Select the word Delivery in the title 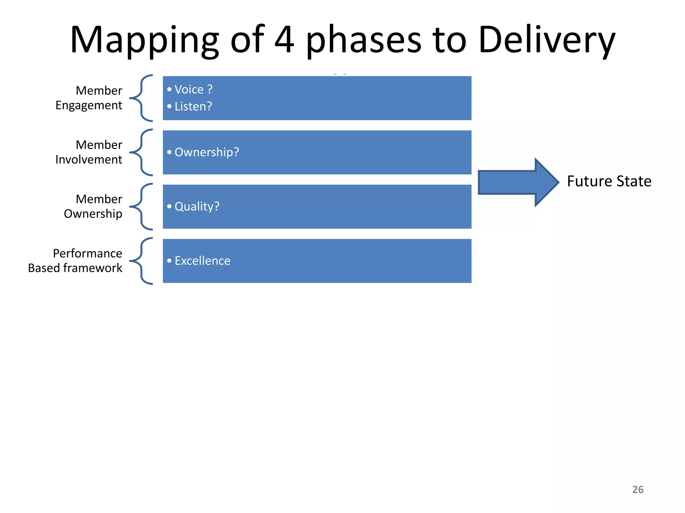click(x=547, y=40)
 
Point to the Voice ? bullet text click(x=193, y=90)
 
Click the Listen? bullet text click(x=193, y=107)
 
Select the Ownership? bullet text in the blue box click(x=207, y=152)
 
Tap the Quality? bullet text click(x=197, y=206)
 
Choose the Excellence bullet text click(x=202, y=261)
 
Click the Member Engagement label click(x=89, y=98)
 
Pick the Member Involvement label click(x=89, y=152)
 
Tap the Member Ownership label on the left click(x=93, y=206)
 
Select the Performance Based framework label click(x=75, y=261)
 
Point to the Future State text click(x=609, y=181)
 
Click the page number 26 click(x=638, y=490)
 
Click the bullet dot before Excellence click(x=169, y=261)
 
